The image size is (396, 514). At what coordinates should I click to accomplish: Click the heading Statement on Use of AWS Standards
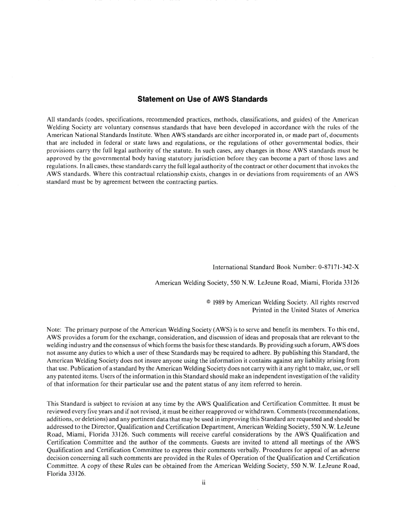coord(202,99)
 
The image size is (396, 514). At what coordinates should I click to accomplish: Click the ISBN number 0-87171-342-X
coord(338,267)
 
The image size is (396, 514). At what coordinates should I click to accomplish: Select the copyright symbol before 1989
coord(208,302)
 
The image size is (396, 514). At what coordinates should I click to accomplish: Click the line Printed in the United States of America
coord(306,310)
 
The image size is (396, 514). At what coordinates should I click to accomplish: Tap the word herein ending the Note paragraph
coord(292,384)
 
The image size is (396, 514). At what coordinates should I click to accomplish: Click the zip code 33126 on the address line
coord(351,282)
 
